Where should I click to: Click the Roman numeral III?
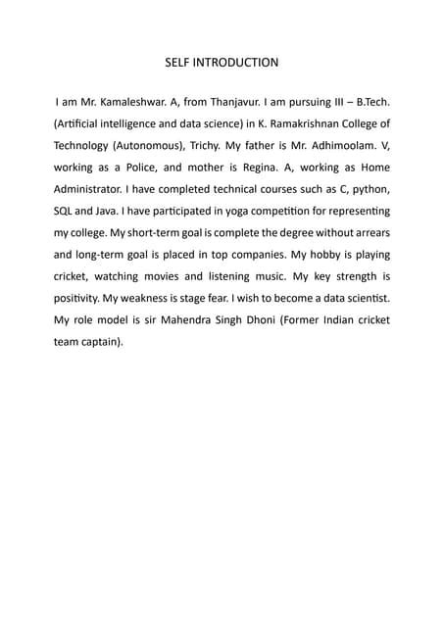coord(336,102)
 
